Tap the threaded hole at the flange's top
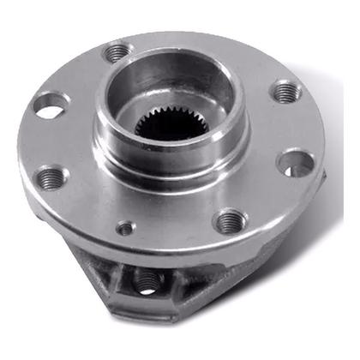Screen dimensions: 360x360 (x=116, y=53)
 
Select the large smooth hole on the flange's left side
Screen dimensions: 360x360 (x=50, y=105)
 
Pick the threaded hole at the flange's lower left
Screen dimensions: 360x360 (x=52, y=177)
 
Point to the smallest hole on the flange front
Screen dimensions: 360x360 (x=126, y=229)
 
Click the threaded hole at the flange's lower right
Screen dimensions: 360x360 (x=229, y=222)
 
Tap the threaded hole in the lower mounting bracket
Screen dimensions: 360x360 (x=147, y=279)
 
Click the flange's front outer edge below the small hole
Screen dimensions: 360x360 (x=129, y=249)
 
